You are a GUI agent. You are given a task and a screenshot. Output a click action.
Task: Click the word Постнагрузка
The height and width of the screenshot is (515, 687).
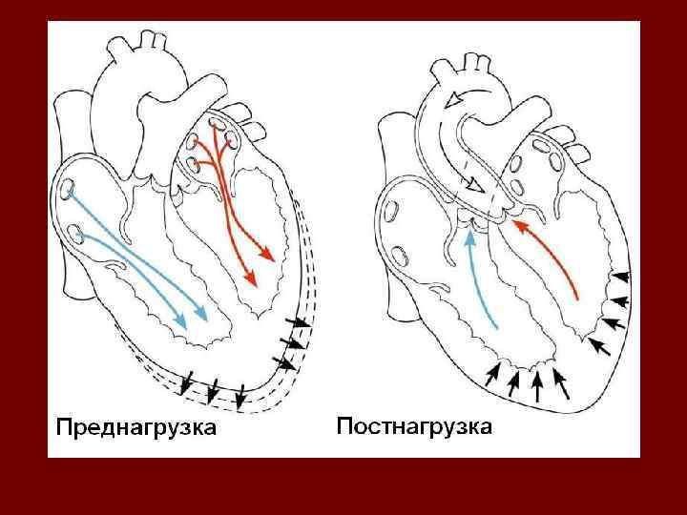click(x=414, y=426)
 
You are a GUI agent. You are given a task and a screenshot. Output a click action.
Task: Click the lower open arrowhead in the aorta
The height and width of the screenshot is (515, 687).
click(x=469, y=185)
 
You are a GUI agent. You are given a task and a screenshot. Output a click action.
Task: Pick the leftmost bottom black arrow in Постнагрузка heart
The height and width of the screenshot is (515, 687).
click(x=493, y=375)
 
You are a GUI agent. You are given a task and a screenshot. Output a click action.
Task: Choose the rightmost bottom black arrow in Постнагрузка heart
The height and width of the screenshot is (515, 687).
click(x=562, y=382)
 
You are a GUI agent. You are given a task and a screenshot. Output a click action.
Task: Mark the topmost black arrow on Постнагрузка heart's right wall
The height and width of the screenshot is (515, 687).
click(x=620, y=277)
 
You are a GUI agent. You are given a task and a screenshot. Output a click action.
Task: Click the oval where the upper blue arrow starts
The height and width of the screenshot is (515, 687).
click(x=69, y=190)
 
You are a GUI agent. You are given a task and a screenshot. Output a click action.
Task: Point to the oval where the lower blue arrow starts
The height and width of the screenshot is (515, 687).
click(x=74, y=230)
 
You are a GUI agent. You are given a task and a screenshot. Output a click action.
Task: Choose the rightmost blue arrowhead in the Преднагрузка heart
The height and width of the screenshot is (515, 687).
click(x=204, y=312)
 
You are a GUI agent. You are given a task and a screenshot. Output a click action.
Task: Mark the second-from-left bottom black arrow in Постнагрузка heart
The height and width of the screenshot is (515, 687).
click(x=515, y=381)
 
